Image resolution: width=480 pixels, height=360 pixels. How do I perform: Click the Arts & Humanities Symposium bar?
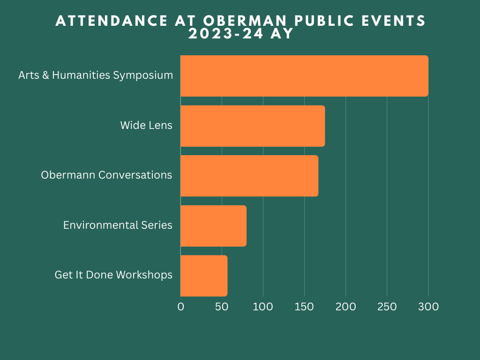coord(304,76)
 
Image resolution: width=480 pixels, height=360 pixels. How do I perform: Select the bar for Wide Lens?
coord(252,126)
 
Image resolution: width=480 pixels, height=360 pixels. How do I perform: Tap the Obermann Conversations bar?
coord(249,176)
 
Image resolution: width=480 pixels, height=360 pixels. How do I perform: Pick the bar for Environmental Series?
coord(213,225)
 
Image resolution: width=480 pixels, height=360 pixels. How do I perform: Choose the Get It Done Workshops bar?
coord(204,276)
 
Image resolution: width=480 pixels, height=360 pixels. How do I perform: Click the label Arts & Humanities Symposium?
coord(96,75)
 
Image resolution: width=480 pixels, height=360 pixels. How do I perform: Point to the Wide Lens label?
coord(146,125)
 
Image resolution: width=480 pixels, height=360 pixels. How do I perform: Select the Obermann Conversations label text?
coord(106,175)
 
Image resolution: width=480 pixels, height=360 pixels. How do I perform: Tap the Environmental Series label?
coord(118,225)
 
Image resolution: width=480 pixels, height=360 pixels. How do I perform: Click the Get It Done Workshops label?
coord(113,275)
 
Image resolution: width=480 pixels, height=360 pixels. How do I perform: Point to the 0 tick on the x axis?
coord(180,307)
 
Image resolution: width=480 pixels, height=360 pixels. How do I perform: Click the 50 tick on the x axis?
coord(222,307)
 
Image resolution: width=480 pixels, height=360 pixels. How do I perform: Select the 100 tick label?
coord(263,307)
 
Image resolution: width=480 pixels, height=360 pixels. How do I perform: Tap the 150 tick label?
coord(305,307)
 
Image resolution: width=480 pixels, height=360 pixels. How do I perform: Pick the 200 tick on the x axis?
coord(346,307)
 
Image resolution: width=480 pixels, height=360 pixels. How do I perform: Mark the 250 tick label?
coord(387,307)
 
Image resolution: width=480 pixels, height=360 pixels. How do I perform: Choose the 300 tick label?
coord(428,307)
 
